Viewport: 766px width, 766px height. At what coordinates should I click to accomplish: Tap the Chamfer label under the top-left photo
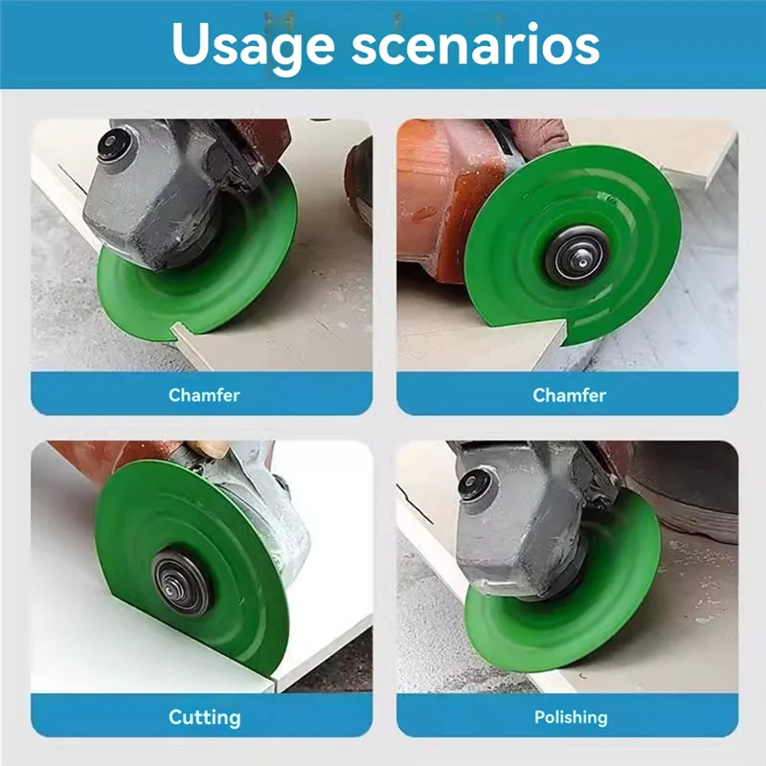pos(204,394)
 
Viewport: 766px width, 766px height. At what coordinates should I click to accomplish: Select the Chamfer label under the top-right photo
pos(569,394)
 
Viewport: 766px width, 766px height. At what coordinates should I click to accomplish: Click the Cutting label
pos(204,716)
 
